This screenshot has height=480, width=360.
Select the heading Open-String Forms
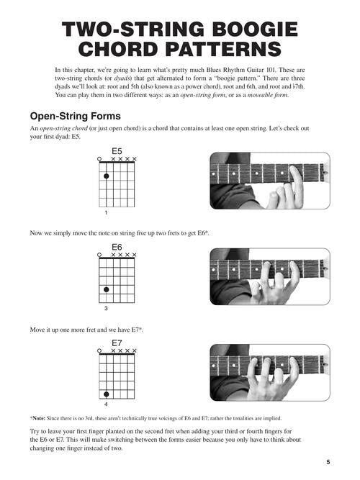tap(76, 116)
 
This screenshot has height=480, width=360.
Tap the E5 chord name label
tap(117, 151)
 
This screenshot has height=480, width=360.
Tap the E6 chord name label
tap(117, 247)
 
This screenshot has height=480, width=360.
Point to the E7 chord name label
tap(117, 343)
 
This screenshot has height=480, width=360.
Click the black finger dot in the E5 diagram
tap(107, 176)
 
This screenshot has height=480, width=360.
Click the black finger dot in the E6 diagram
tap(107, 289)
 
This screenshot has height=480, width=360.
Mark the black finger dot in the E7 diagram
tap(107, 394)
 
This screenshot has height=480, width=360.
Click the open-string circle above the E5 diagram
tap(99, 159)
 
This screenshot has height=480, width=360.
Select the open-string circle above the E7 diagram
tap(99, 350)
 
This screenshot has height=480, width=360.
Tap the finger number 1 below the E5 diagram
tap(106, 212)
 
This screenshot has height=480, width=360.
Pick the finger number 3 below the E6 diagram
tap(106, 308)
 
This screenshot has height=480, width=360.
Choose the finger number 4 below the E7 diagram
tap(106, 404)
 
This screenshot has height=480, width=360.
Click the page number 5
tap(328, 462)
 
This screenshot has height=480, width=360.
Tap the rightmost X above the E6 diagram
tap(134, 255)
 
